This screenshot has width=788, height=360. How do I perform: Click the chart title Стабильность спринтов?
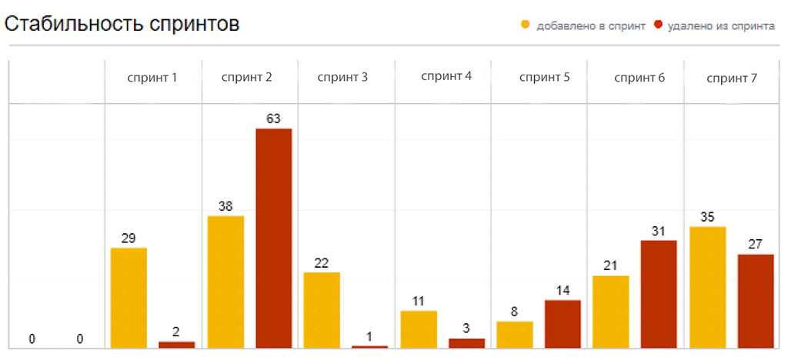pos(122,23)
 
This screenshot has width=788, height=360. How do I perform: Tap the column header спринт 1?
pos(152,77)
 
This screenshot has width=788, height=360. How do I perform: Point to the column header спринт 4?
pos(446,76)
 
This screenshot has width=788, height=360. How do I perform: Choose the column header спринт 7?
pos(732,77)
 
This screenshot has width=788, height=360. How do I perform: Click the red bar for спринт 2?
pos(273,238)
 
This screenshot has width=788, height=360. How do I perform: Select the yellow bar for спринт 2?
pos(225,282)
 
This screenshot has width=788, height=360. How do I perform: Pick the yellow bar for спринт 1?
pos(129,298)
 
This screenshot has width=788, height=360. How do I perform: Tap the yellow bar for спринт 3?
pos(322,310)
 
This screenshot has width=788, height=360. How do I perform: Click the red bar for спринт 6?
pos(659,294)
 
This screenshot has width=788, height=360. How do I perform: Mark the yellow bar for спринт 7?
pos(707,287)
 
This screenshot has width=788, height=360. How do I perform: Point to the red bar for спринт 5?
pos(563,324)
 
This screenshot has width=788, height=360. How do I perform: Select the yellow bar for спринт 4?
pos(419,329)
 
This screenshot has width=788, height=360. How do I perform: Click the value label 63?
pos(273,118)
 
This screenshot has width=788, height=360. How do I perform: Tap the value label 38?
pos(225,206)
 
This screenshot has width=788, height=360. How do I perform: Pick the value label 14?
pos(563,291)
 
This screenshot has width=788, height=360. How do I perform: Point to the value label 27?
pos(755,245)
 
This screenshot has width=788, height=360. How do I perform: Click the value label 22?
pos(322,263)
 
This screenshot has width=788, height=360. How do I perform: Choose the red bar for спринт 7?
pos(755,301)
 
